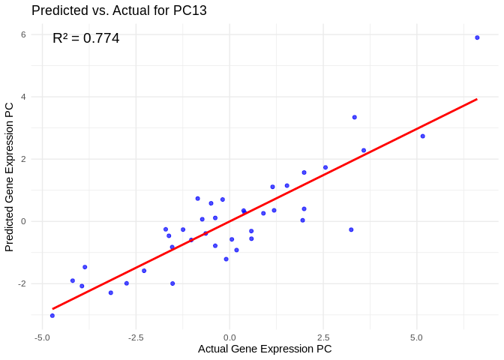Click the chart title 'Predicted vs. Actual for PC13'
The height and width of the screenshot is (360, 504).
pos(119,10)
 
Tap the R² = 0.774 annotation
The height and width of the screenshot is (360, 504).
pos(86,38)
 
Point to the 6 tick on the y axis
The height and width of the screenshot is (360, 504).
pos(24,34)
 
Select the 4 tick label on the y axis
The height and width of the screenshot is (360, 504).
pos(24,97)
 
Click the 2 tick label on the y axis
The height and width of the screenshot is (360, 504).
pos(24,159)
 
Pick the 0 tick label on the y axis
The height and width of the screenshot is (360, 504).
pos(24,221)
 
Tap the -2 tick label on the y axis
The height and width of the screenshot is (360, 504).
pos(22,283)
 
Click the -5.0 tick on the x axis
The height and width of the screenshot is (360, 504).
pos(43,337)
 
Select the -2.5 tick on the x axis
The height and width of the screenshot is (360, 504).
pos(136,337)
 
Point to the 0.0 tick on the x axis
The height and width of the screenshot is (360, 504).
pos(229,337)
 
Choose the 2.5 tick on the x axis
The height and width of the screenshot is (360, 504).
pos(323,337)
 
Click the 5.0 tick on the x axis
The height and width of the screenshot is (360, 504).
pos(417,337)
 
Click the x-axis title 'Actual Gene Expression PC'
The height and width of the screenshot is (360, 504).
pos(265,349)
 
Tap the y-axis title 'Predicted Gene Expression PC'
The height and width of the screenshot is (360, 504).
pos(10,176)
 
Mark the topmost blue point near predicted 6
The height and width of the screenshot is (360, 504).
pos(477,37)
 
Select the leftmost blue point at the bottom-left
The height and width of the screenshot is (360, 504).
pos(52,316)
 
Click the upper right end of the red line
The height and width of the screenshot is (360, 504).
pos(477,99)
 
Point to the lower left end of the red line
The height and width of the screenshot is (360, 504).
pos(52,308)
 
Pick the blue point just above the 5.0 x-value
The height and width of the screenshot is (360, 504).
pos(422,136)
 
